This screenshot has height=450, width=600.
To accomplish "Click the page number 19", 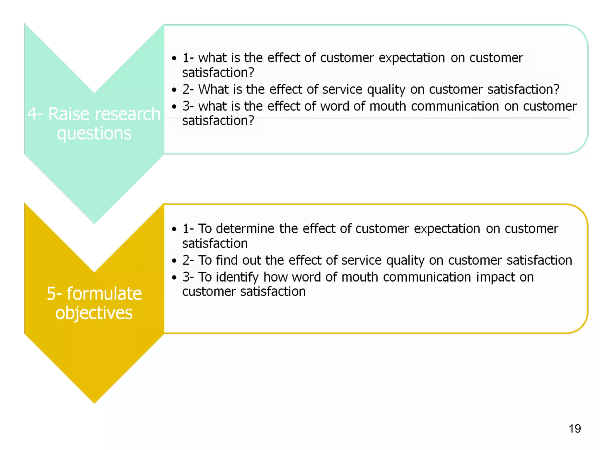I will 575,429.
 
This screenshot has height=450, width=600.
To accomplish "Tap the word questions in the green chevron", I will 94,134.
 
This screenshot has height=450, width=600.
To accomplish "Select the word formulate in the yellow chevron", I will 104,294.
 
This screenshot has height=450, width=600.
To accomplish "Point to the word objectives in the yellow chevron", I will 94,313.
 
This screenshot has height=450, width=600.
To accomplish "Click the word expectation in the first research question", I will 412,58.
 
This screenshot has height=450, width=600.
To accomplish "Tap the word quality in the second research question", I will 386,90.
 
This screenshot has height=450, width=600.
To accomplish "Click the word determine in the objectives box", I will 245,229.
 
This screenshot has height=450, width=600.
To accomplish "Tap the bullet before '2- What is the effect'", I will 174,90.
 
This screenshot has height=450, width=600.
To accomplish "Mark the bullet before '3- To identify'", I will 174,277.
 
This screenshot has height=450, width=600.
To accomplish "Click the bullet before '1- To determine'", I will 174,229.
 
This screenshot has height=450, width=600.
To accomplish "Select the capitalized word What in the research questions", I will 213,89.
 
